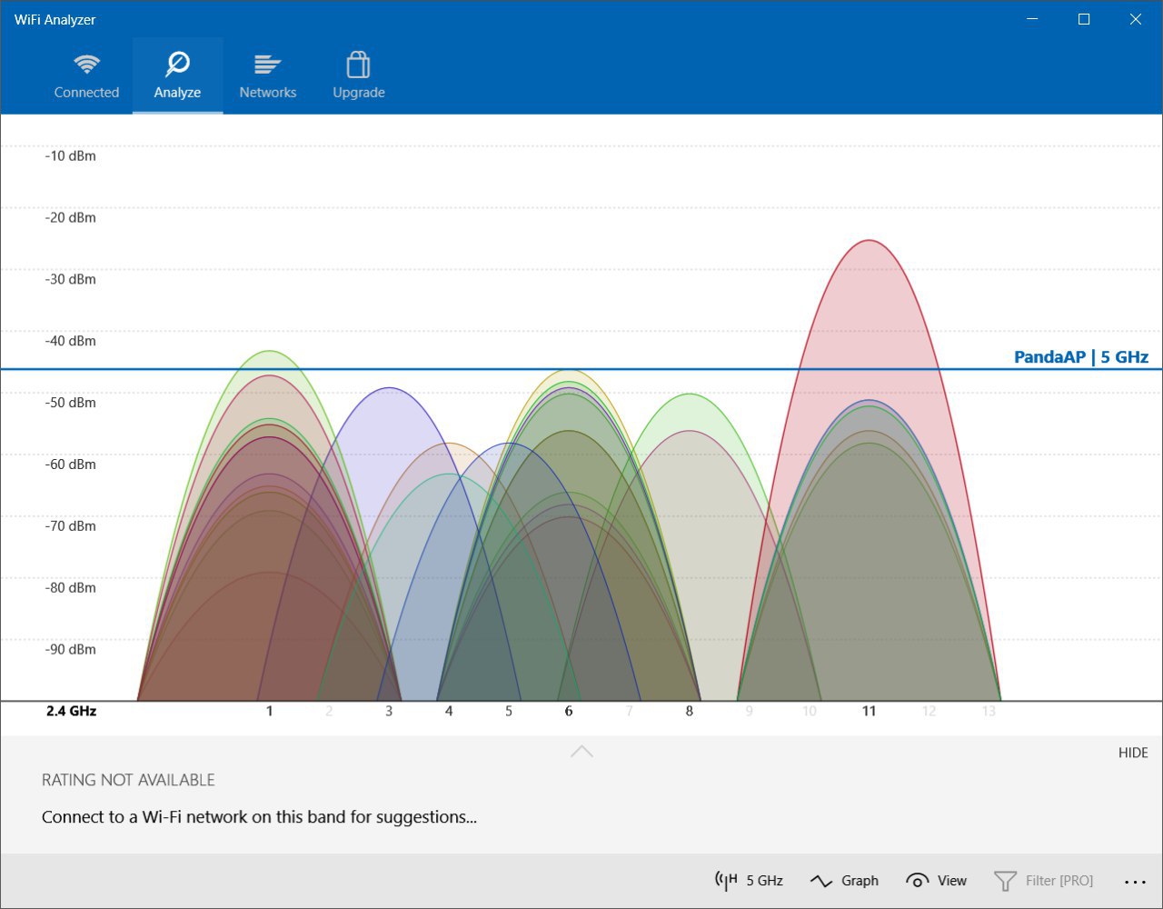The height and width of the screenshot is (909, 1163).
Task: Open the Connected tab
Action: [86, 76]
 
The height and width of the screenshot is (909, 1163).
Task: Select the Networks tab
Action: [268, 76]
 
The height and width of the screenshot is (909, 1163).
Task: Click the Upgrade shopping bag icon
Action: [358, 65]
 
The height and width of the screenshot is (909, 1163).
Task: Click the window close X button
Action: [1135, 19]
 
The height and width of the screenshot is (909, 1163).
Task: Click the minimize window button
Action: [1032, 19]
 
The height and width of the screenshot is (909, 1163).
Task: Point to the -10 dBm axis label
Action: [70, 155]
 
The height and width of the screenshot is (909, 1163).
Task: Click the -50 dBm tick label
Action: [70, 403]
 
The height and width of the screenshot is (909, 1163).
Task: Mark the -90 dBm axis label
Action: [70, 649]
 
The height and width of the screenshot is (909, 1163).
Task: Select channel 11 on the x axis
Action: [869, 711]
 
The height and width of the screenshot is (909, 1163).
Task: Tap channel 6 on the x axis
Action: [569, 711]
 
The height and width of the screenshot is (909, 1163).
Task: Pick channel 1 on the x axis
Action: [269, 711]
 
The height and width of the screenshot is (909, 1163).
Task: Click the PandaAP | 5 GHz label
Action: [1081, 356]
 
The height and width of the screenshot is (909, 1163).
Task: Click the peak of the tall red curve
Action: [869, 240]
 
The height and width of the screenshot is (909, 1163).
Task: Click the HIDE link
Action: [1133, 753]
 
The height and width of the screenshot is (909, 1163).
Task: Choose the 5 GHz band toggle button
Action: [749, 881]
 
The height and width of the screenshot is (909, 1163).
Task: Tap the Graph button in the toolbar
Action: [844, 881]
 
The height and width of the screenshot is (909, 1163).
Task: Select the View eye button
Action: [936, 881]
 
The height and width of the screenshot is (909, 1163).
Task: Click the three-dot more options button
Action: [1135, 882]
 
